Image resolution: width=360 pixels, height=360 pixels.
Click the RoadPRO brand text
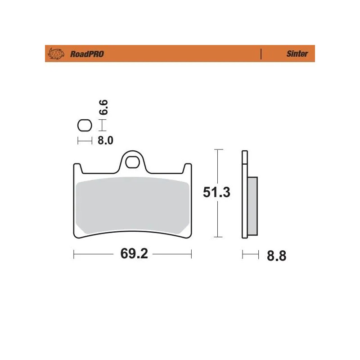(87, 54)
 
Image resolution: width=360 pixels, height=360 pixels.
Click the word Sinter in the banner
(297, 54)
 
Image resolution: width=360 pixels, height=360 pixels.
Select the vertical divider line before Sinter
(261, 54)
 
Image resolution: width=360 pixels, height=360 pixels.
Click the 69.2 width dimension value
(134, 254)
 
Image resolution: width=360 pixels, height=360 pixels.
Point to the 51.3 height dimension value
(216, 193)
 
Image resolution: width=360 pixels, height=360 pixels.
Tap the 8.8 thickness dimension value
(276, 256)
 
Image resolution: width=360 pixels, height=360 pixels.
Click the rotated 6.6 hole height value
(103, 108)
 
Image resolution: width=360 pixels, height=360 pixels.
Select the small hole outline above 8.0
(84, 125)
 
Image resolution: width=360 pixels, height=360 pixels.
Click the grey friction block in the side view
(252, 206)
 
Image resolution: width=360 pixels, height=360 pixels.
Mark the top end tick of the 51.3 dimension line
(218, 149)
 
